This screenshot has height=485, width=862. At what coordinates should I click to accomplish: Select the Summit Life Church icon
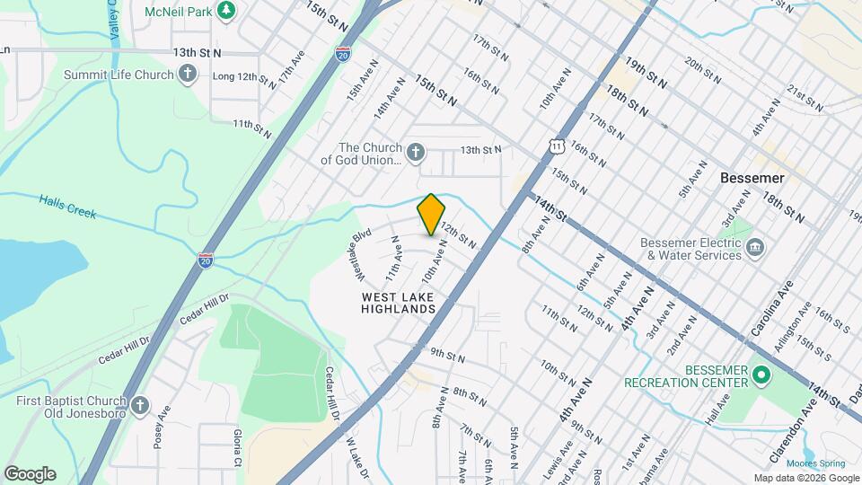coord(188,75)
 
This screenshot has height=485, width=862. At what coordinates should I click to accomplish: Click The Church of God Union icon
coord(415,153)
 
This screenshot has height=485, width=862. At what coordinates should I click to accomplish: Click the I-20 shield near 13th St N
coord(342,54)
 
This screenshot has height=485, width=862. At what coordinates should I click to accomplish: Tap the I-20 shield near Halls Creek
coord(206,260)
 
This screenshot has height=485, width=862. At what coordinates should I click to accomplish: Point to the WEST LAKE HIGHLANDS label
coord(399,303)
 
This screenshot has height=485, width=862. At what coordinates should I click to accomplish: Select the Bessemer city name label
coord(752,178)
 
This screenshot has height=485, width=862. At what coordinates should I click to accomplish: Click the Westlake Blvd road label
coord(360,252)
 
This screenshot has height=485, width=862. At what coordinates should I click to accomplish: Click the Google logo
coord(30,474)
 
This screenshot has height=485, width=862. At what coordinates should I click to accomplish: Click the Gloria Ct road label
coord(238,446)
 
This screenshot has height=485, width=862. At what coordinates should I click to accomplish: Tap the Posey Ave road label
coord(162,429)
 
